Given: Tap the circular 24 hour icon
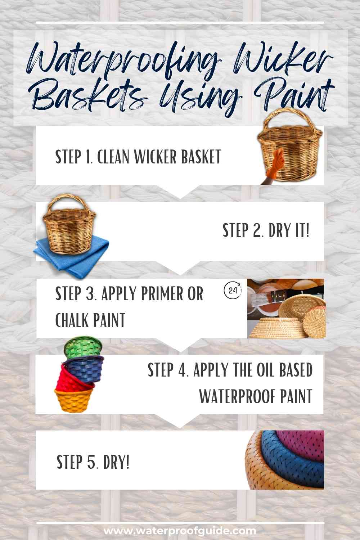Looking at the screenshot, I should tap(233, 291).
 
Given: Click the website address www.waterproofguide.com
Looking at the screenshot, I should tap(180, 531).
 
